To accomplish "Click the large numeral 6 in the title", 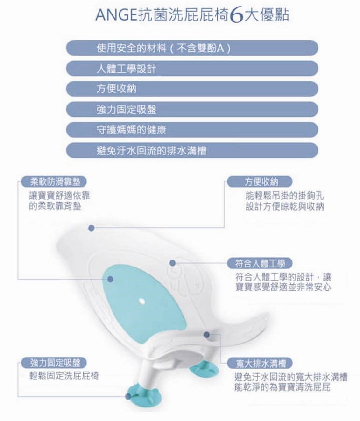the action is point(236,16).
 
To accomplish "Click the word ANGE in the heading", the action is point(116,15).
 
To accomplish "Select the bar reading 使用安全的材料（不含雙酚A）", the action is point(192,48).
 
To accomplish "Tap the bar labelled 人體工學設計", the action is point(192,69).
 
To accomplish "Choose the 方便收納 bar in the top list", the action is point(192,89).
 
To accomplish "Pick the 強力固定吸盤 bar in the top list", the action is point(192,109).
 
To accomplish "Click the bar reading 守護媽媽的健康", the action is point(192,130).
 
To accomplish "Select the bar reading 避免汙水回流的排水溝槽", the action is point(192,150).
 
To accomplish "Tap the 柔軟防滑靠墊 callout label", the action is point(54,182).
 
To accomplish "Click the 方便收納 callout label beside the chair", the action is point(260,182).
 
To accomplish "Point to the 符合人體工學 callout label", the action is point(260,263).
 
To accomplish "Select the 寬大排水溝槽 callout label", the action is point(260,363).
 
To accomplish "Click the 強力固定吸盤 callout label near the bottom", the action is point(54,363).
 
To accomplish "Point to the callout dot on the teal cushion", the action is point(110,280).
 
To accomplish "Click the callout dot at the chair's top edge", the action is point(92,228).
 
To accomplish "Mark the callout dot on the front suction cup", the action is point(128,396).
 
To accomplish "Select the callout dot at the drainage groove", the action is point(206,335).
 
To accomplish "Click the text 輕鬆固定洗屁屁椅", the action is point(64,376).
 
